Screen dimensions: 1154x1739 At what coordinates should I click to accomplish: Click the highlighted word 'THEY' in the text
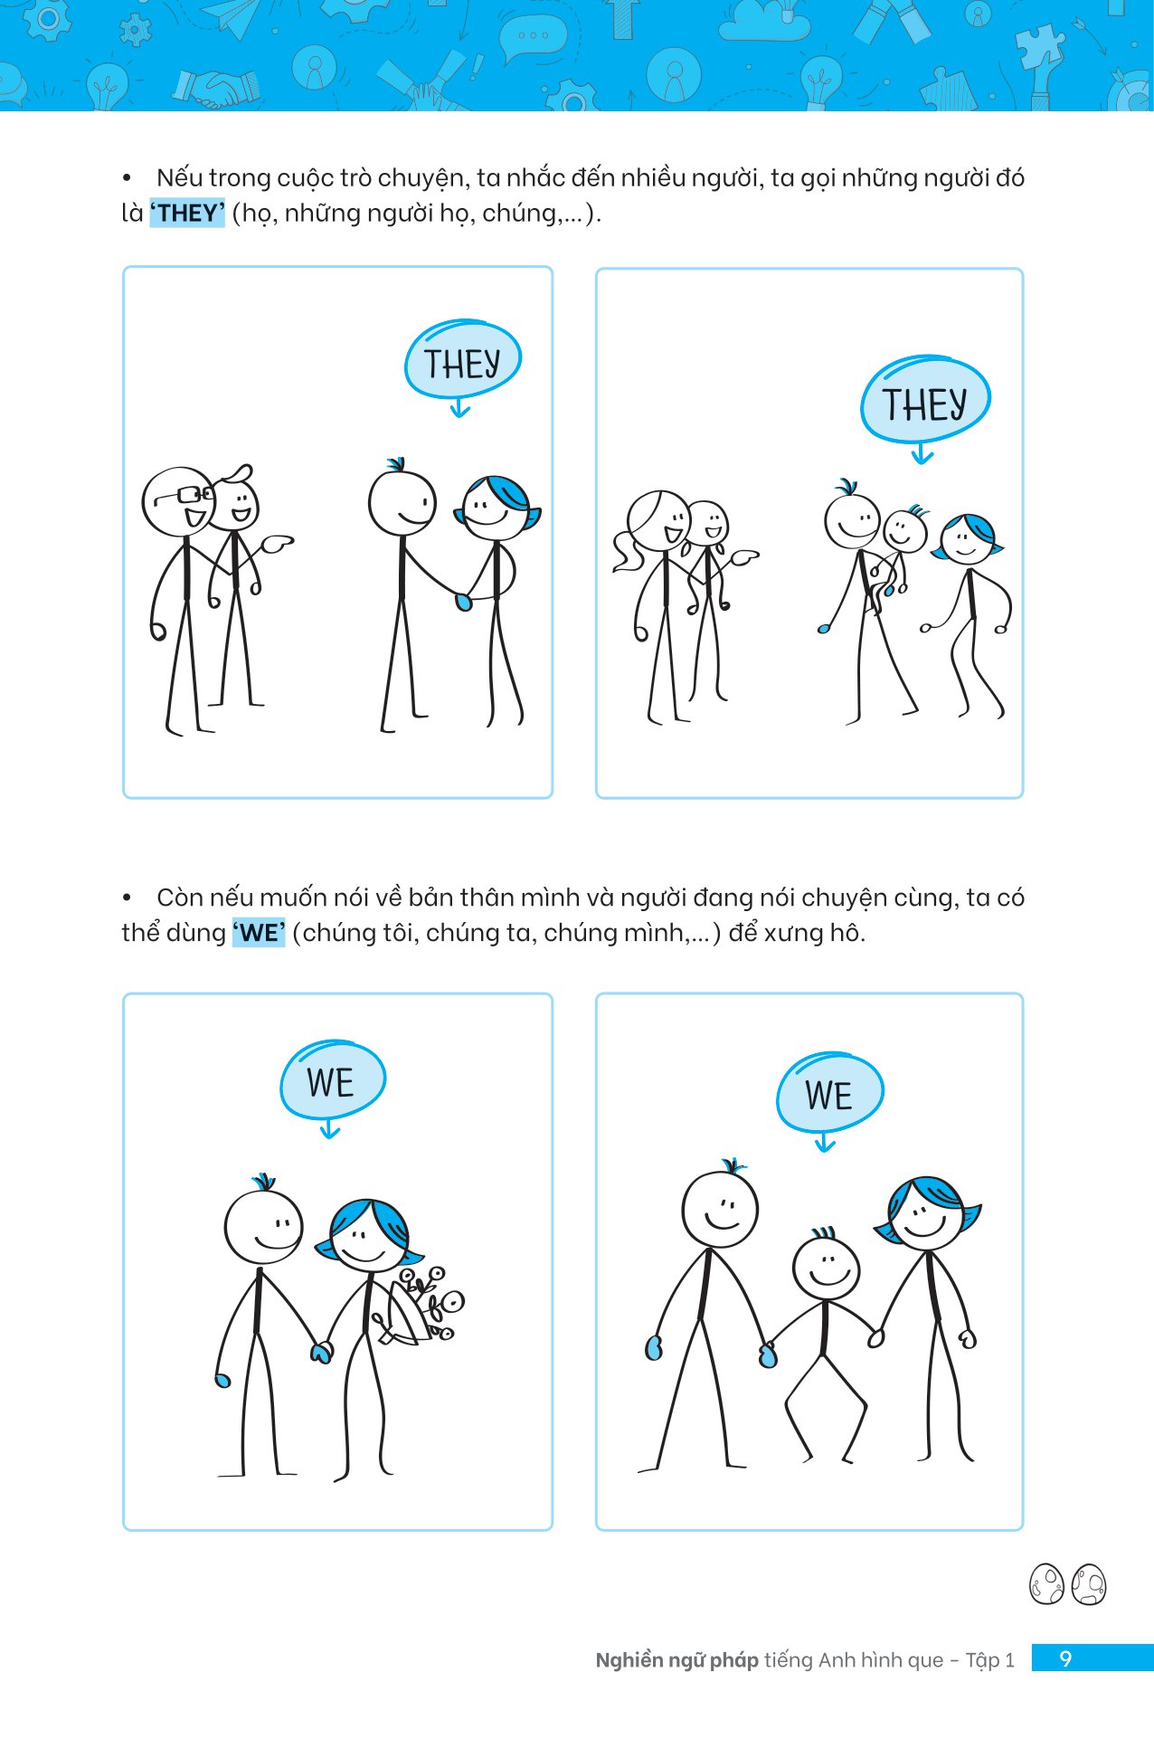[187, 213]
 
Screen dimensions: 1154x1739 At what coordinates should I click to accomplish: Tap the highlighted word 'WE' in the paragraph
[259, 933]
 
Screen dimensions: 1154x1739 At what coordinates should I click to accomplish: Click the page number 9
[1065, 1658]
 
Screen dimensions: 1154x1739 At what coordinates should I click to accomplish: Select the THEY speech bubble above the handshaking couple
[462, 361]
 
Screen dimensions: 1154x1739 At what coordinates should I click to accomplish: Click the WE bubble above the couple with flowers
[332, 1080]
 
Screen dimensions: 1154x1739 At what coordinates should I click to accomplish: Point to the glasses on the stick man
[185, 495]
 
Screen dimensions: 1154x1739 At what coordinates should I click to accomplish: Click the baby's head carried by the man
[905, 531]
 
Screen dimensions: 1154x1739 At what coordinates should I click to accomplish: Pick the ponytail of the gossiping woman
[625, 551]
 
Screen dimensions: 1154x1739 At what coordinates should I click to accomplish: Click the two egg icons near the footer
[1068, 1584]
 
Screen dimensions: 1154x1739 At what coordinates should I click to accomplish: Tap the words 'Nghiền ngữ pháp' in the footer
[676, 1660]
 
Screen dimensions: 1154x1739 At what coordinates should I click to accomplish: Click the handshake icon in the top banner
[217, 88]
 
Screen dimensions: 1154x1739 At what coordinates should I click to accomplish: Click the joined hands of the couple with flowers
[320, 1352]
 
